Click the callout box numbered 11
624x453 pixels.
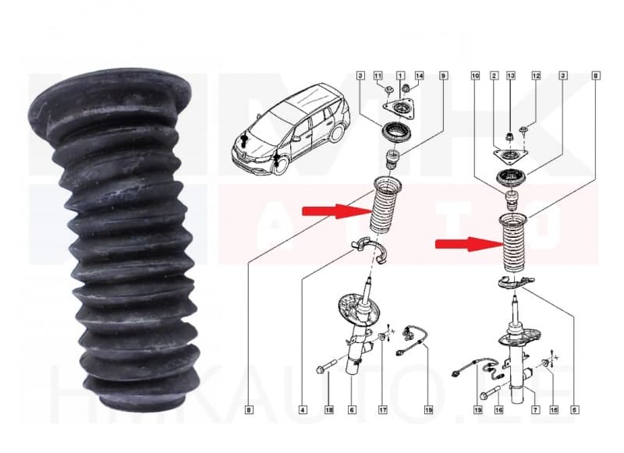[x=379, y=76]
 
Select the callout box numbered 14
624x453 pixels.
[x=419, y=76]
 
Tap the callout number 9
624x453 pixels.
[x=443, y=76]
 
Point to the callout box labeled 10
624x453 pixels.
[x=475, y=76]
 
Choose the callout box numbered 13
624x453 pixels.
[x=511, y=76]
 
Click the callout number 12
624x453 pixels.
[x=536, y=76]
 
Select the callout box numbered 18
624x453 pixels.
[x=328, y=409]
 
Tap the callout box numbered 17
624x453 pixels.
[x=383, y=409]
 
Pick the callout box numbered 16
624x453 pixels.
[x=497, y=409]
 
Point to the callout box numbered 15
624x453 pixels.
[x=555, y=409]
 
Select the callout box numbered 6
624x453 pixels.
[x=353, y=409]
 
